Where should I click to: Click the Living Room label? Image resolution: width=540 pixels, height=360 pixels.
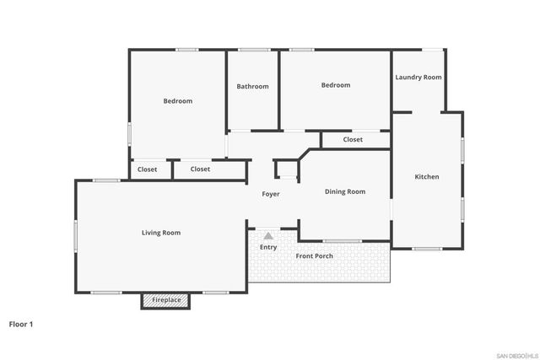click(160, 233)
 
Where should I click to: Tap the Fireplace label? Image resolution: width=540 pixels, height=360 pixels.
click(165, 300)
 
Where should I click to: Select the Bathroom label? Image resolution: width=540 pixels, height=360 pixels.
click(252, 86)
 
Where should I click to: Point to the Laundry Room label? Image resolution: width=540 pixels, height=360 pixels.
click(418, 78)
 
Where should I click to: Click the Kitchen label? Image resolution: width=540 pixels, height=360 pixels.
click(426, 177)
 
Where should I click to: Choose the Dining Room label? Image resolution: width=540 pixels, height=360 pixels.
click(345, 192)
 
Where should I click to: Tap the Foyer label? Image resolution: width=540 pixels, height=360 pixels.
click(270, 195)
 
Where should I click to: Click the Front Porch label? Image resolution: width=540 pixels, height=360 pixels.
click(314, 256)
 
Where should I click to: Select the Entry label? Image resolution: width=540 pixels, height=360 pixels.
click(268, 247)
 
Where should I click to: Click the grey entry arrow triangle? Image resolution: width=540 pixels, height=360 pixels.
click(268, 236)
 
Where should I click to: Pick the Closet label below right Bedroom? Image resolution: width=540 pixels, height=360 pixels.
click(353, 140)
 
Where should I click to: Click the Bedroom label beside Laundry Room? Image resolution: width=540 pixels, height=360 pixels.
click(335, 85)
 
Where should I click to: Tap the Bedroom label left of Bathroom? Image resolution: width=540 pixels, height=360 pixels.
click(177, 101)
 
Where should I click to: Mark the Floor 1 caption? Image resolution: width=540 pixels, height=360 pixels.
click(20, 323)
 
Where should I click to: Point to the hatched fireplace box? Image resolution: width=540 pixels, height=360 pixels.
click(165, 300)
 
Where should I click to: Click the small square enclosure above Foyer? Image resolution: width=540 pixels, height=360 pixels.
click(287, 169)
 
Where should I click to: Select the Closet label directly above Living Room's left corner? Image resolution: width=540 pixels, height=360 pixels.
click(147, 169)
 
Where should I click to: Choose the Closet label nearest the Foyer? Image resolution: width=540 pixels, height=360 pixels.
click(200, 169)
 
